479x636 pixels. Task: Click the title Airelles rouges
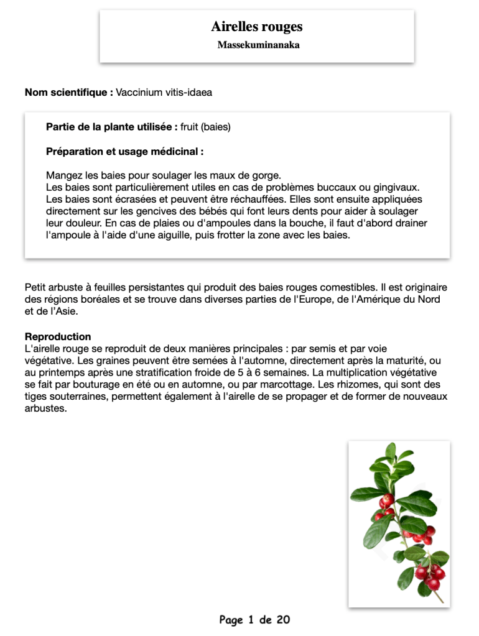click(x=256, y=27)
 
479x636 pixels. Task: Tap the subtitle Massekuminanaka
click(x=258, y=45)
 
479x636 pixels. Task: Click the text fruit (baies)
click(x=205, y=127)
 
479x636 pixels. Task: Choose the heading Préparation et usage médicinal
click(x=124, y=151)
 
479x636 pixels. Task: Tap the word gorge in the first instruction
click(x=267, y=175)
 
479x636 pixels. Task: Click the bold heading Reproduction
click(x=58, y=337)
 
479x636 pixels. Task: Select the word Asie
click(x=62, y=311)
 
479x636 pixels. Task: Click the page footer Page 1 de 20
click(x=254, y=620)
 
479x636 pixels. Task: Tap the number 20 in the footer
click(x=283, y=620)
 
